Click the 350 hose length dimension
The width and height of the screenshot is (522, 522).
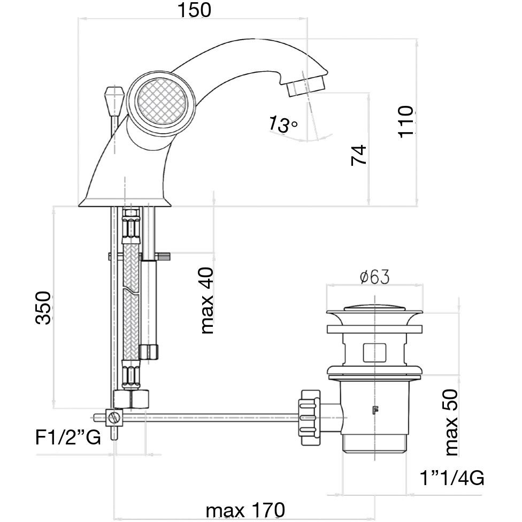point(43,308)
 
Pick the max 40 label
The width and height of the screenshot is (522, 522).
point(206,301)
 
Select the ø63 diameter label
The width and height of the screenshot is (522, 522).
point(374,277)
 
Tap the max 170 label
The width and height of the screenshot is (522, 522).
point(245,510)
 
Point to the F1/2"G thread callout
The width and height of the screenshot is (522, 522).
point(68,438)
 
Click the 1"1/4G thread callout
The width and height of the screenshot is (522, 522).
point(452,478)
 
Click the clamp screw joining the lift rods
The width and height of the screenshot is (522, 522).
point(114,417)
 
